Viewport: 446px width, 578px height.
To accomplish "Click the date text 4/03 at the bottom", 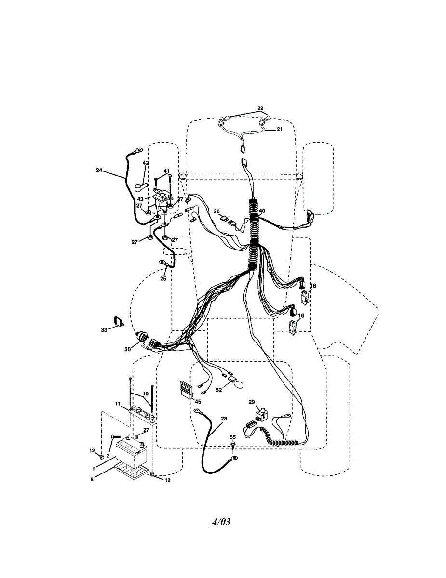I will pyautogui.click(x=221, y=522).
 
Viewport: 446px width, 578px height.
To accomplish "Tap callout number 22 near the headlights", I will pyautogui.click(x=260, y=108).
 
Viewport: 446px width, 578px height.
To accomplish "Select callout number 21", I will pyautogui.click(x=279, y=129).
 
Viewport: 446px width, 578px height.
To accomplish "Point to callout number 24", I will pyautogui.click(x=99, y=170).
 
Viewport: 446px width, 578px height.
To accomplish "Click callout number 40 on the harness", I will pyautogui.click(x=262, y=210).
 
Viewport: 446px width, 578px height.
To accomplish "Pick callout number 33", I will pyautogui.click(x=104, y=329).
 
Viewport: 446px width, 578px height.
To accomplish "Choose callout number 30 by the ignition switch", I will pyautogui.click(x=127, y=350).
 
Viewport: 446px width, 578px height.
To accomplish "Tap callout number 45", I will pyautogui.click(x=198, y=401).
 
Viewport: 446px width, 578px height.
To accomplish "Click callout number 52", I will pyautogui.click(x=219, y=390).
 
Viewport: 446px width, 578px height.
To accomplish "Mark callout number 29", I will pyautogui.click(x=251, y=401).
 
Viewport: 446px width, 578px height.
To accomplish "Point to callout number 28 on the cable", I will pyautogui.click(x=223, y=419).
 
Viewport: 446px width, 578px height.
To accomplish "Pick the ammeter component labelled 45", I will pyautogui.click(x=185, y=389).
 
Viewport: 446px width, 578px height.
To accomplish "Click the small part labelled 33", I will pyautogui.click(x=118, y=321).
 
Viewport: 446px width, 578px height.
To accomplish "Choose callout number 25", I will pyautogui.click(x=163, y=278).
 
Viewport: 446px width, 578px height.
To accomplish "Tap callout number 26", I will pyautogui.click(x=216, y=211).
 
